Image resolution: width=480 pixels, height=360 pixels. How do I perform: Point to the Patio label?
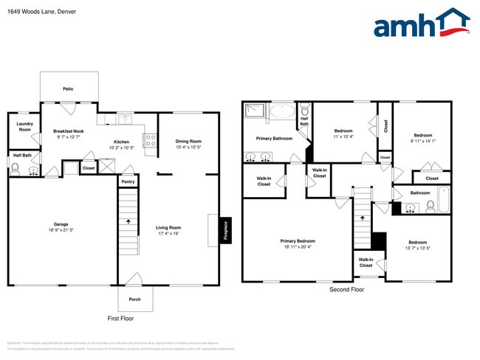tap(68, 89)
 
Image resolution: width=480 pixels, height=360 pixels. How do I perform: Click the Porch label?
tap(135, 299)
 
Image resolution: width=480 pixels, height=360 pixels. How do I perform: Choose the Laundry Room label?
tap(24, 127)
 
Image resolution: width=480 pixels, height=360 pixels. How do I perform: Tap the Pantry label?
tap(128, 181)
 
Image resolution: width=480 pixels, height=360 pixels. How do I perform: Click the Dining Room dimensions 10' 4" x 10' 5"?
tap(188, 148)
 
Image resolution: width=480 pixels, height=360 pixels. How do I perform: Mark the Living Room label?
tap(168, 228)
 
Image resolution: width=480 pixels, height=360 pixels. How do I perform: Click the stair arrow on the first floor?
tap(128, 220)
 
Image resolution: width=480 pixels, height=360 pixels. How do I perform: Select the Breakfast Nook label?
tap(67, 131)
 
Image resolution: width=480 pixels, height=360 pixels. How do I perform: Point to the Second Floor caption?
tap(346, 289)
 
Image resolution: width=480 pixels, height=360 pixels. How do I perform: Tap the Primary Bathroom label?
tap(274, 138)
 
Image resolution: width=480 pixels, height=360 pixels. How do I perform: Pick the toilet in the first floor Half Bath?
tap(16, 170)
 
